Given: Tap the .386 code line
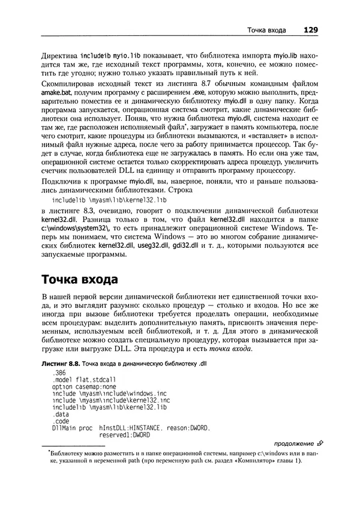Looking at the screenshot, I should click(59, 373).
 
